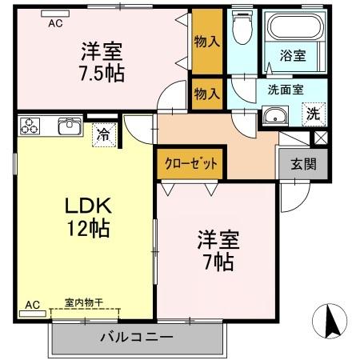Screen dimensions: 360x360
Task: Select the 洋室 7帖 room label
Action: [216, 250]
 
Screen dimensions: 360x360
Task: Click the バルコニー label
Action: [136, 337]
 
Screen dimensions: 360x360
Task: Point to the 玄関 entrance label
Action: [302, 164]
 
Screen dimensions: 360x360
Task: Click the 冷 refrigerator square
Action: [103, 134]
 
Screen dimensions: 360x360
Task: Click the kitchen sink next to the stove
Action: [68, 125]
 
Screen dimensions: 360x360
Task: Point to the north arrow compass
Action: [330, 322]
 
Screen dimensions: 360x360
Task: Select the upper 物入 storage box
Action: [207, 40]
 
